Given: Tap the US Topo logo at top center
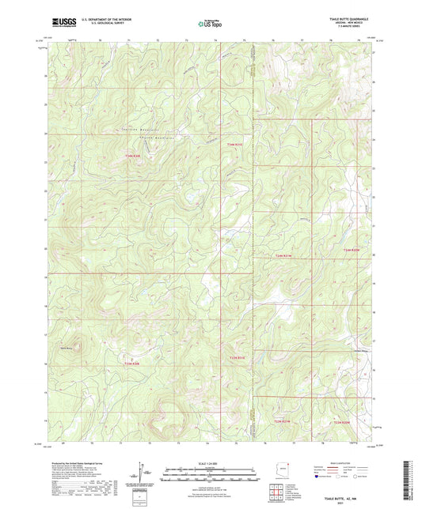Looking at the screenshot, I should (x=210, y=24).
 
